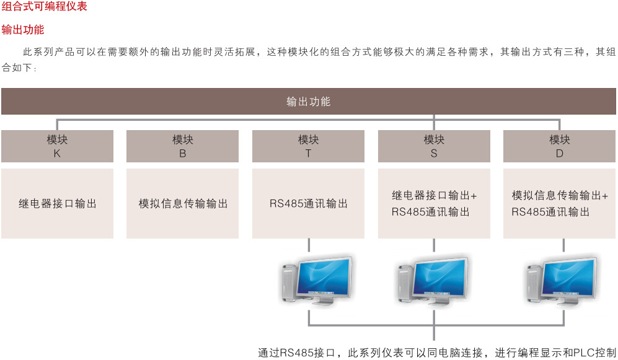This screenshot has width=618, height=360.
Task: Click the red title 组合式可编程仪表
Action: [x=44, y=7]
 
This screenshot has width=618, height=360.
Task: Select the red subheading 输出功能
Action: [x=23, y=29]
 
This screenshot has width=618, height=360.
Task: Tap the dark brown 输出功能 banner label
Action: [x=308, y=102]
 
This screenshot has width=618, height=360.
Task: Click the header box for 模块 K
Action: [x=57, y=146]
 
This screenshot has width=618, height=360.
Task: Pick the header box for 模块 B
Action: [x=182, y=146]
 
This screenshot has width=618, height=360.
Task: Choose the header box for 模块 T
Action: [x=308, y=146]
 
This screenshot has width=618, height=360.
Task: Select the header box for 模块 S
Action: [x=434, y=146]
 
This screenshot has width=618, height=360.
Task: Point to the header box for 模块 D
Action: [x=559, y=146]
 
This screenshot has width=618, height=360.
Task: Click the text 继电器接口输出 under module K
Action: [x=57, y=203]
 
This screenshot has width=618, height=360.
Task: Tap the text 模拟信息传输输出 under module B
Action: [x=183, y=203]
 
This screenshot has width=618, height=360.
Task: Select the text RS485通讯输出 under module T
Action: [x=308, y=203]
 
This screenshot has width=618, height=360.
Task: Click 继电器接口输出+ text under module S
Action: [x=434, y=195]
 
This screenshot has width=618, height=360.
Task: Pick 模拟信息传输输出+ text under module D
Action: [x=560, y=195]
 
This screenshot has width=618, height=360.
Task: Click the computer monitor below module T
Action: [x=324, y=276]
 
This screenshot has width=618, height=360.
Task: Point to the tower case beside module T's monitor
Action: [x=287, y=282]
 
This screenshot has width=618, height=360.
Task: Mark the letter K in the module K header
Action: [x=57, y=153]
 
